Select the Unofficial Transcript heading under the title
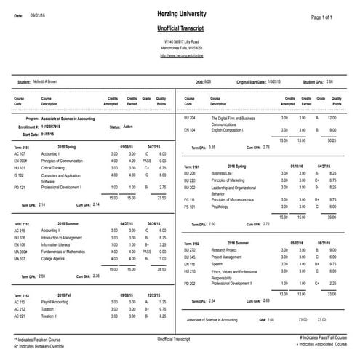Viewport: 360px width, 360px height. click(180, 27)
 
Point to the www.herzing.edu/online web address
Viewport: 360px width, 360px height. click(180, 55)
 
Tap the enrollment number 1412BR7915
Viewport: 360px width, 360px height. click(57, 127)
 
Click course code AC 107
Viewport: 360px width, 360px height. click(20, 154)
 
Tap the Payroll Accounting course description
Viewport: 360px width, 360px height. click(60, 301)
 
